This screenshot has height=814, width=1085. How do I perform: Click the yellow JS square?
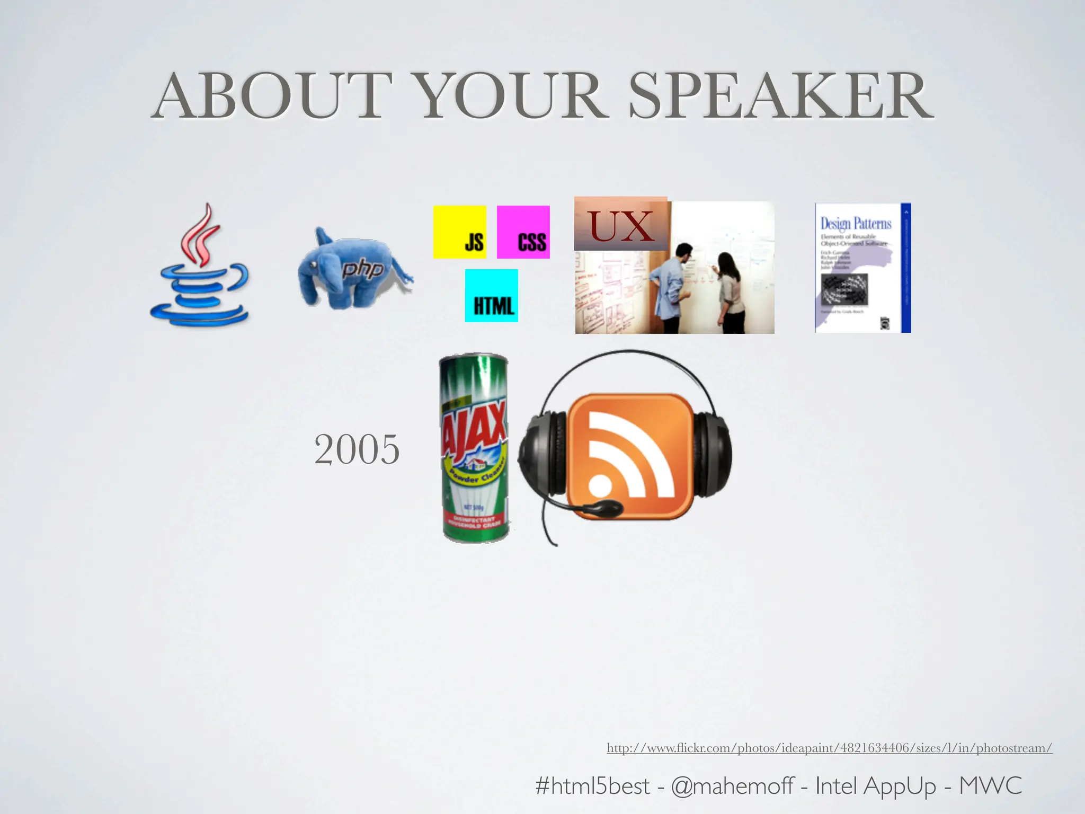pyautogui.click(x=460, y=232)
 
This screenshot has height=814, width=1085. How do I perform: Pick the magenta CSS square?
pyautogui.click(x=523, y=232)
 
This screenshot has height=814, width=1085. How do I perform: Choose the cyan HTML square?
pyautogui.click(x=492, y=296)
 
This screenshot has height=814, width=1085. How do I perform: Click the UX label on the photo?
pyautogui.click(x=621, y=225)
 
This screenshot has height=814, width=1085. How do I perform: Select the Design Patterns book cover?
pyautogui.click(x=862, y=268)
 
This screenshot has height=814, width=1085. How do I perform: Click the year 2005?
pyautogui.click(x=357, y=449)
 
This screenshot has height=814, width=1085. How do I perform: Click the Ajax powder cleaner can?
pyautogui.click(x=475, y=448)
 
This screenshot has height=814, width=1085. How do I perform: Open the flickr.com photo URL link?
pyautogui.click(x=829, y=748)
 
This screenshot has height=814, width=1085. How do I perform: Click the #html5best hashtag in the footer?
pyautogui.click(x=592, y=785)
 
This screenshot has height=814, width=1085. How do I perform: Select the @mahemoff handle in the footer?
pyautogui.click(x=732, y=785)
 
